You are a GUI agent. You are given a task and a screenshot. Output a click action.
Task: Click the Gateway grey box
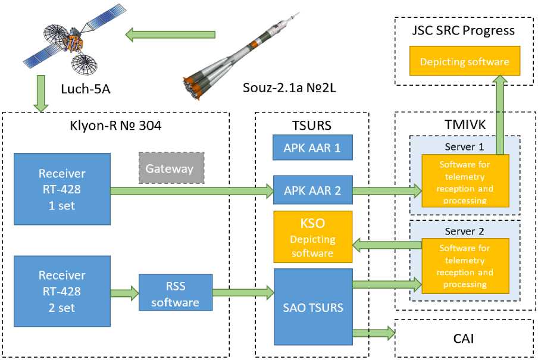tap(171, 168)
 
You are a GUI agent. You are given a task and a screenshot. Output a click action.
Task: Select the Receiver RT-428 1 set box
tap(62, 189)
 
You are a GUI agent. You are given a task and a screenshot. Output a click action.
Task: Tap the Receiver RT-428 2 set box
tap(62, 291)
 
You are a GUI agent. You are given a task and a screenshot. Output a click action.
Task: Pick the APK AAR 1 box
tap(312, 147)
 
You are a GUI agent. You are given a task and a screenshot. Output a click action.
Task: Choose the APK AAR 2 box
tap(312, 190)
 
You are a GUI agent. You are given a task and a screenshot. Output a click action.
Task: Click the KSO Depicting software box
tap(312, 237)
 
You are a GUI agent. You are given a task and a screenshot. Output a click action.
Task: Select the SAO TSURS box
tap(312, 307)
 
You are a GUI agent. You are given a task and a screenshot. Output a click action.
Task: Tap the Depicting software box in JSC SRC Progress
tap(464, 62)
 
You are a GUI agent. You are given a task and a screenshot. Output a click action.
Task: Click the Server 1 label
tap(465, 146)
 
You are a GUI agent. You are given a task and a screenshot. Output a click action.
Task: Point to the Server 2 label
tap(465, 230)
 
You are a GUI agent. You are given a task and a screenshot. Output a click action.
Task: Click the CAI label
tap(464, 339)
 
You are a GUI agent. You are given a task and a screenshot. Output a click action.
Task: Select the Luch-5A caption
tap(85, 89)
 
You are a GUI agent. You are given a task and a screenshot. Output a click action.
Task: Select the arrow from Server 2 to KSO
tap(387, 244)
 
